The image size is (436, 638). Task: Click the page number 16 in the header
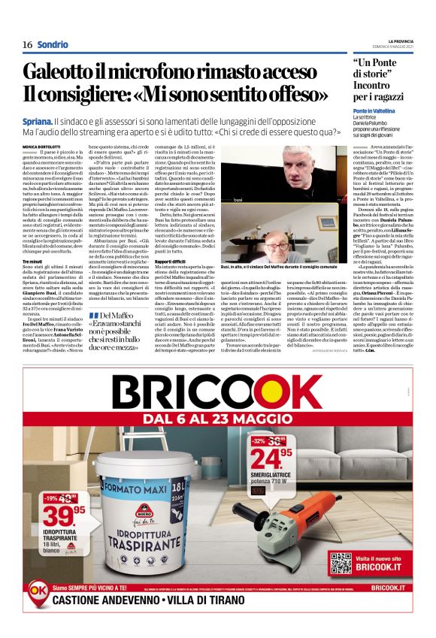pyautogui.click(x=27, y=44)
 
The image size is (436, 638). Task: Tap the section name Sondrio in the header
pyautogui.click(x=53, y=44)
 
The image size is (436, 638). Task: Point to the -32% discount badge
pyautogui.click(x=258, y=440)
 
